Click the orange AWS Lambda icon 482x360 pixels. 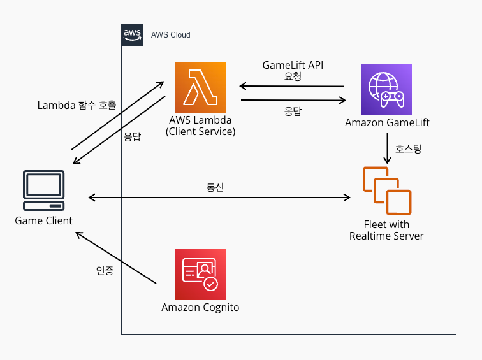pyautogui.click(x=200, y=87)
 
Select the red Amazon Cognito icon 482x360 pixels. pyautogui.click(x=200, y=274)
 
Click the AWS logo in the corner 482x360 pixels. pyautogui.click(x=132, y=34)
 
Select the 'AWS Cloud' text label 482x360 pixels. pyautogui.click(x=170, y=35)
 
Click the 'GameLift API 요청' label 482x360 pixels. pyautogui.click(x=293, y=71)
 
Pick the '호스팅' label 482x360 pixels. pyautogui.click(x=409, y=149)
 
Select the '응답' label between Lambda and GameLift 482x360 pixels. pyautogui.click(x=293, y=110)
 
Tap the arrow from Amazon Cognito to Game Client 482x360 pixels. pyautogui.click(x=115, y=257)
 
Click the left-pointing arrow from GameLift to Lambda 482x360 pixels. pyautogui.click(x=291, y=87)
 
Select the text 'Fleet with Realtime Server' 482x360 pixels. pyautogui.click(x=386, y=230)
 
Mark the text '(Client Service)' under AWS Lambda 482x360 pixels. pyautogui.click(x=200, y=132)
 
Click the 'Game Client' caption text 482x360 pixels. pyautogui.click(x=44, y=220)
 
